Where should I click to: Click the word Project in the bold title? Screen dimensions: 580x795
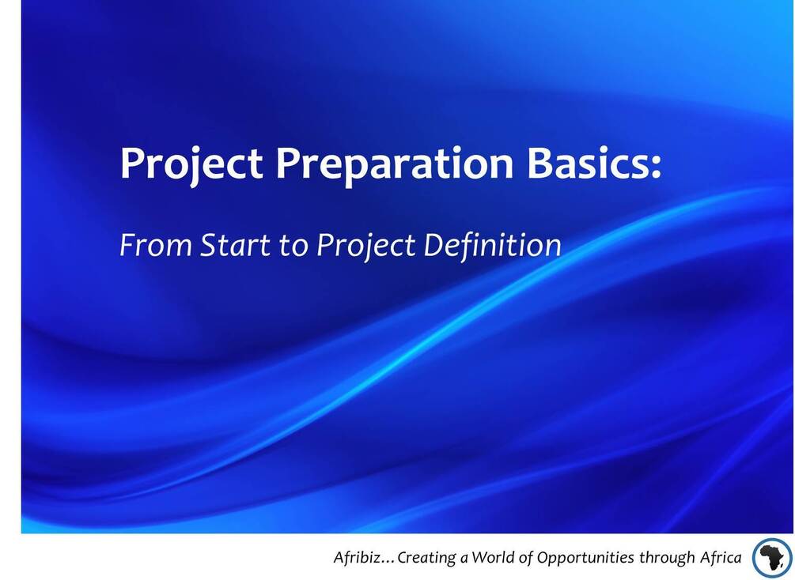tap(191, 164)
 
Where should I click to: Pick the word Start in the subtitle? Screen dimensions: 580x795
tap(235, 246)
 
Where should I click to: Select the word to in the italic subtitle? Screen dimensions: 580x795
tap(293, 246)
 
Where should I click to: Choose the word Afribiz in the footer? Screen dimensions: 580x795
tap(356, 558)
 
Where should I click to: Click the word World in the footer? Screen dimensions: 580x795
tap(494, 558)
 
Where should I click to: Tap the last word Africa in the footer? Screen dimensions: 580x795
tap(721, 558)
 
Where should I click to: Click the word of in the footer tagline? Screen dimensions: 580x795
tap(526, 558)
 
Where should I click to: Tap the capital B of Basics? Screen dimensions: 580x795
tap(539, 163)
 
